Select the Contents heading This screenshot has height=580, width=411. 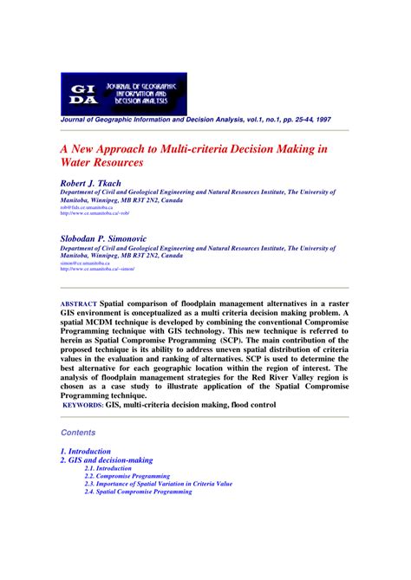(80, 432)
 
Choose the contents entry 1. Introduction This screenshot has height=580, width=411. (86, 452)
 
